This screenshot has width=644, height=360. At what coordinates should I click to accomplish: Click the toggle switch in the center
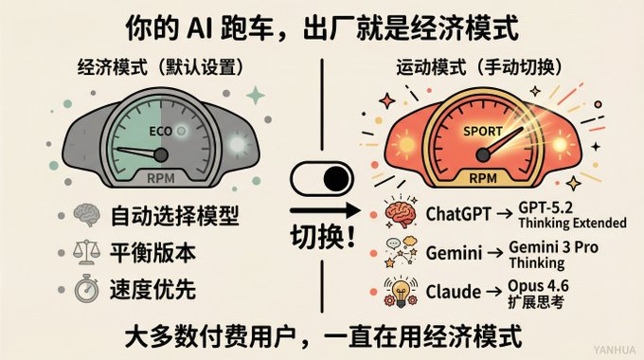(x=323, y=179)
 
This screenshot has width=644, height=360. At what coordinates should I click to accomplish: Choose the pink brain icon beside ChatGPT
(x=399, y=213)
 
